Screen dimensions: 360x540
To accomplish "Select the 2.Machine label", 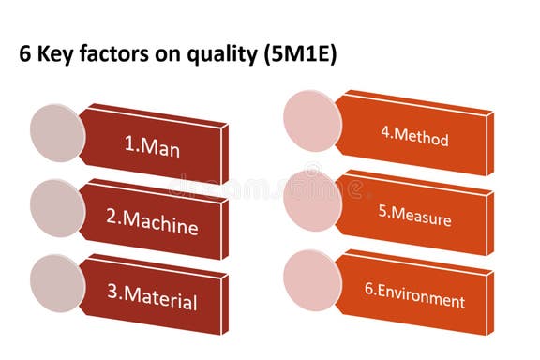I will click(152, 224).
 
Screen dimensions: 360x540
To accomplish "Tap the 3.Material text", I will click(151, 301).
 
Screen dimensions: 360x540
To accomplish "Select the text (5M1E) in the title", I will click(297, 55).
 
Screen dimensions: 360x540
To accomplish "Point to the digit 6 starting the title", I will click(25, 55).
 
